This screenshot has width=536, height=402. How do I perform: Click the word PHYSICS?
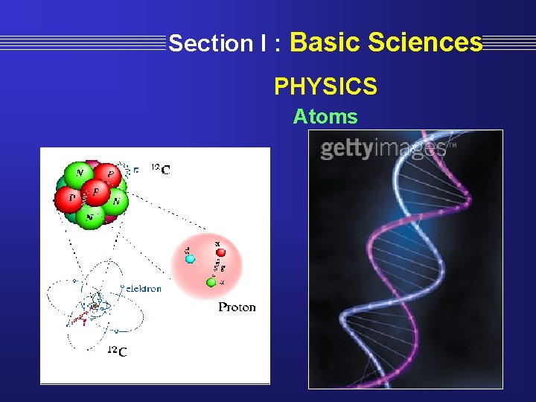click(x=325, y=87)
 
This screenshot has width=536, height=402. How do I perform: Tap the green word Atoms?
click(x=325, y=117)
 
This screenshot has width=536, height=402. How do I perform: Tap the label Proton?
click(x=237, y=307)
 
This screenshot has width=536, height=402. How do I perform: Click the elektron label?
click(x=142, y=288)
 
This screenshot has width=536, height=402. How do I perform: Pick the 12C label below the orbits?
click(x=116, y=351)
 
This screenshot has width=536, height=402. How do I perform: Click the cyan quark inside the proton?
click(x=190, y=258)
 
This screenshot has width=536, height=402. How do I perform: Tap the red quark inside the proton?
click(x=220, y=252)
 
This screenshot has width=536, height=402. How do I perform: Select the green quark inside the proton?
click(x=211, y=282)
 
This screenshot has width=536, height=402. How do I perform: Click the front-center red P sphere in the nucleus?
click(x=95, y=191)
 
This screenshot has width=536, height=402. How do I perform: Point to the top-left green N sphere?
click(x=77, y=175)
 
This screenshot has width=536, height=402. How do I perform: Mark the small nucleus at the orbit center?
click(x=95, y=305)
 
